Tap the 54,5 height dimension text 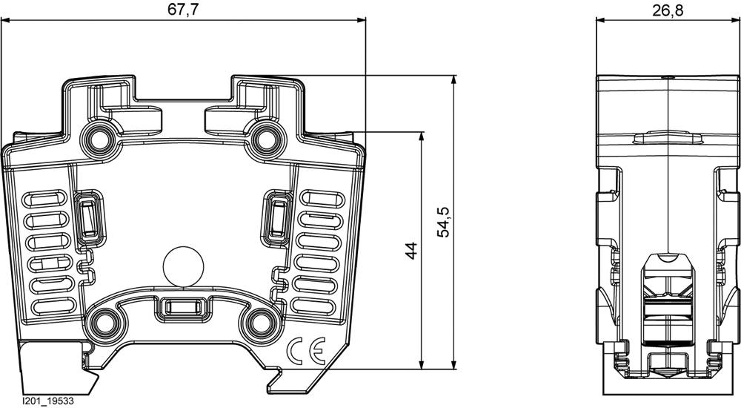click(x=443, y=221)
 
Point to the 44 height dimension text click(x=411, y=250)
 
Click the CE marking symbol click(x=304, y=349)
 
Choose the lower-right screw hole click(x=261, y=322)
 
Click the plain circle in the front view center click(x=182, y=266)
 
